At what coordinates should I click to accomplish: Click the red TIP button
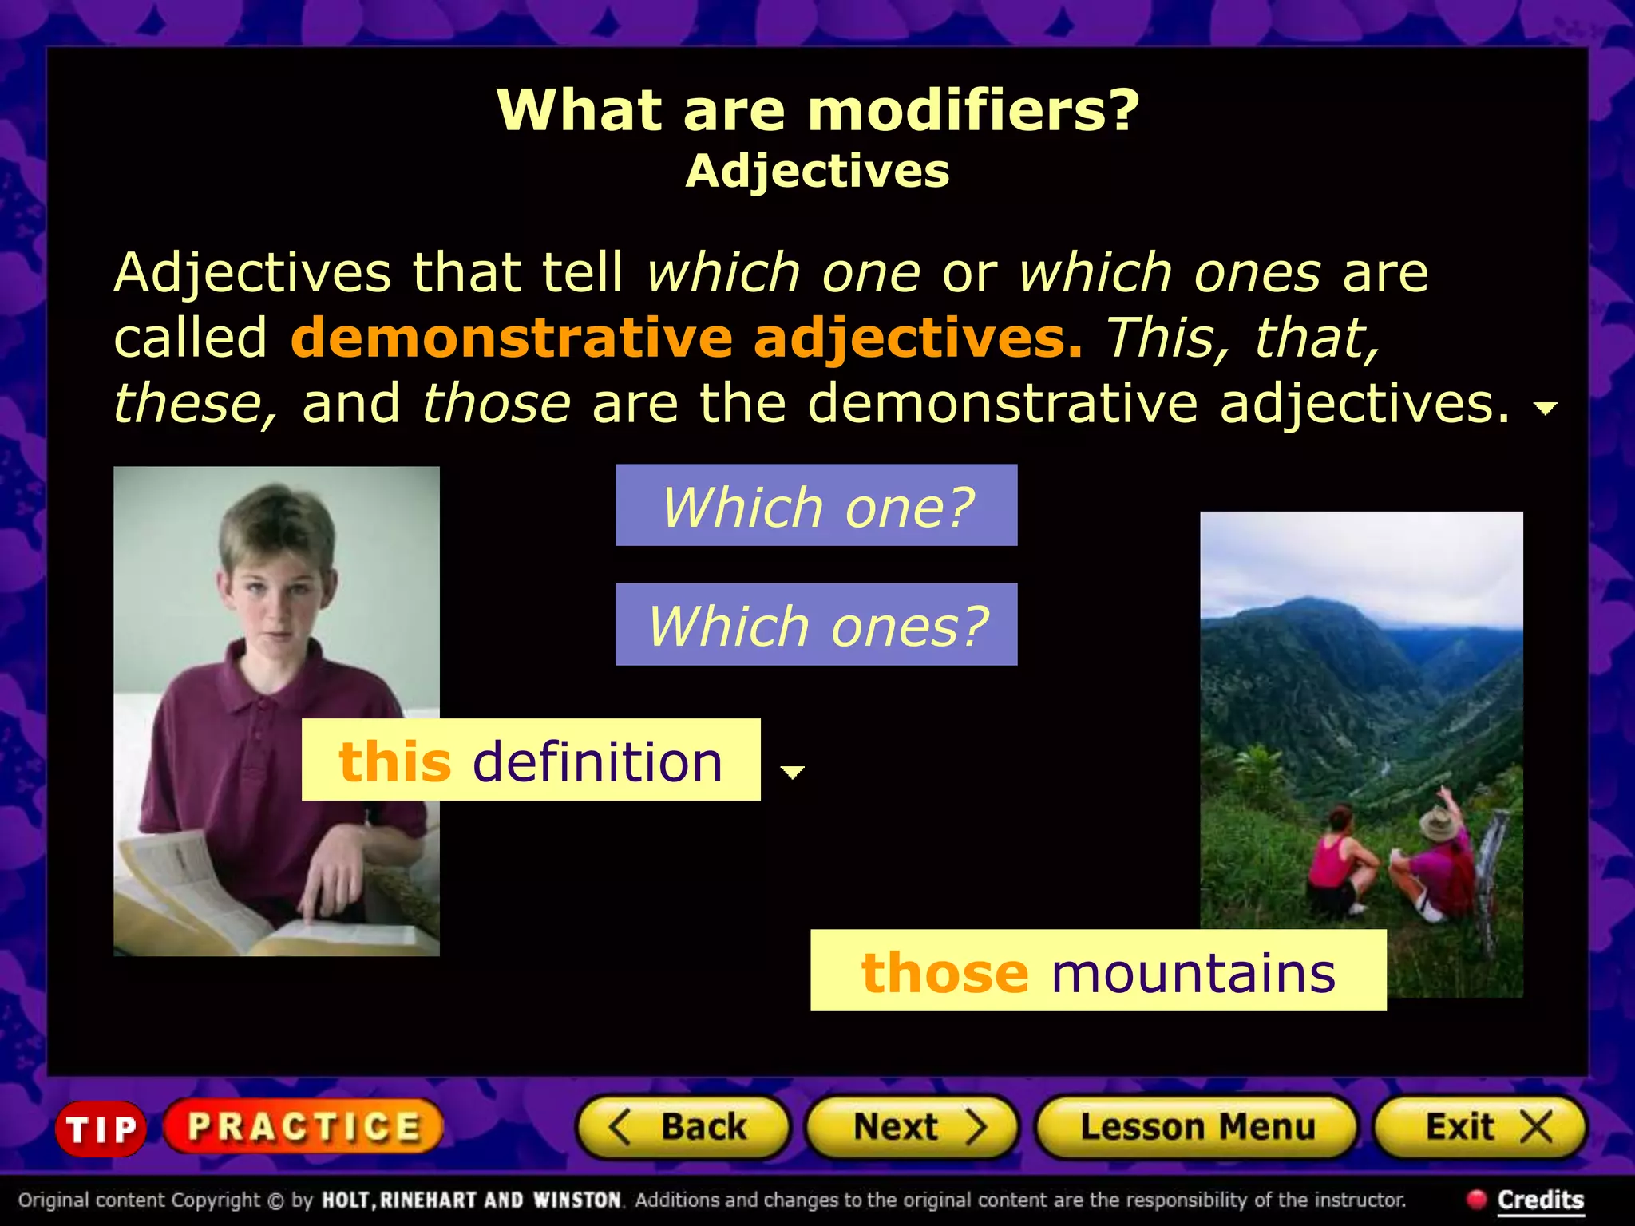101,1128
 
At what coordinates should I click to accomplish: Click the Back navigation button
683,1127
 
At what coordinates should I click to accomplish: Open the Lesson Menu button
1196,1127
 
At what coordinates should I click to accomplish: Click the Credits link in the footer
1540,1200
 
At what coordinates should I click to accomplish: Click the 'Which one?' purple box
816,505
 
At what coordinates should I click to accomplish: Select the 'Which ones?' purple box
816,625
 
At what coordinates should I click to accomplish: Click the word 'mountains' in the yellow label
1194,974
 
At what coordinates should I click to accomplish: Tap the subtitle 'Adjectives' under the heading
817,171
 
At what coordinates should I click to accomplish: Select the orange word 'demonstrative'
511,338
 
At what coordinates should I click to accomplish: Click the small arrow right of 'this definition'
792,772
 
